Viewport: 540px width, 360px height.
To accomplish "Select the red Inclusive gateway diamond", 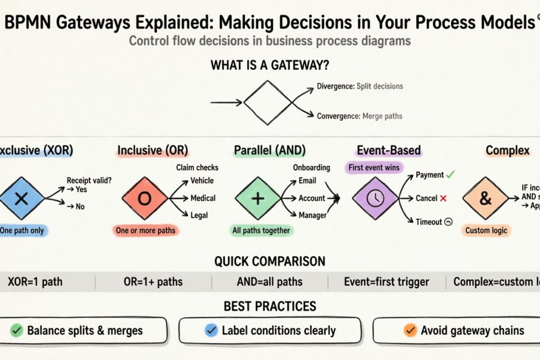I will [144, 198].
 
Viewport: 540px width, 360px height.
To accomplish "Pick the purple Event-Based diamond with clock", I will [375, 198].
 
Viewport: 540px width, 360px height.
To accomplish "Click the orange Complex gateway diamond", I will [485, 198].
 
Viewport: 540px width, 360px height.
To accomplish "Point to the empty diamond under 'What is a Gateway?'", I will [267, 103].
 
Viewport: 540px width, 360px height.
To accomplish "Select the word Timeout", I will [429, 221].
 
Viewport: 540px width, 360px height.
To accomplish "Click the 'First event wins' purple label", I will [373, 168].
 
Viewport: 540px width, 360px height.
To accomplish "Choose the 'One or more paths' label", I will [144, 230].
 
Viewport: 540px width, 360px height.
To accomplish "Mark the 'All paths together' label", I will [261, 230].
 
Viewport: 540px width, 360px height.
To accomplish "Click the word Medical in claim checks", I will [203, 198].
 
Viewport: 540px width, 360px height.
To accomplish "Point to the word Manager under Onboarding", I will [313, 215].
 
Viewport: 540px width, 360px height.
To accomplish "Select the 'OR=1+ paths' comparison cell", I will [153, 282].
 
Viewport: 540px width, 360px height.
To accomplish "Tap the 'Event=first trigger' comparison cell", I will [387, 282].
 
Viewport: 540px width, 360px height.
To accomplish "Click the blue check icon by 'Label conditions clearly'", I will [211, 331].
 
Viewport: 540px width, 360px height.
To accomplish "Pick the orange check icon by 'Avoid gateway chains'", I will [409, 331].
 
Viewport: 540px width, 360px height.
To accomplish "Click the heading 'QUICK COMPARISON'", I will [270, 261].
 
